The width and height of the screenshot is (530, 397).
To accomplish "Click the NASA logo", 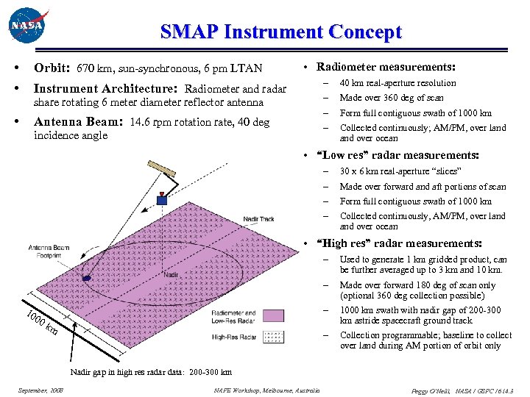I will click(x=28, y=27).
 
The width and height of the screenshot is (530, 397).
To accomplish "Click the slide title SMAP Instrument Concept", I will click(x=280, y=32).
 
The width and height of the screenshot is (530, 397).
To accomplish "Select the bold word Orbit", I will click(x=52, y=68).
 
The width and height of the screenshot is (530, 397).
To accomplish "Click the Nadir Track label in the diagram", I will click(x=259, y=218).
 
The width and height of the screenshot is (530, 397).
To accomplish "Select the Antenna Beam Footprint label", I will click(x=50, y=251).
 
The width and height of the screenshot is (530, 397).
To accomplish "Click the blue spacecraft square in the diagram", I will click(x=162, y=199).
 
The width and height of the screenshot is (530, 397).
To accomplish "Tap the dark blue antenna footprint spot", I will click(x=87, y=278).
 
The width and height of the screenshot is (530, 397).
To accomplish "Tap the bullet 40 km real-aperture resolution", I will click(x=397, y=83).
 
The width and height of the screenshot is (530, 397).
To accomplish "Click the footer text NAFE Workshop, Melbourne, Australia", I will click(x=266, y=390).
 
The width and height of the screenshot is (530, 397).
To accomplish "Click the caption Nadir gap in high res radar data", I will click(x=151, y=372).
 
